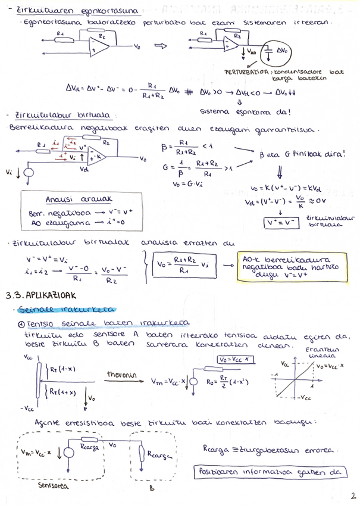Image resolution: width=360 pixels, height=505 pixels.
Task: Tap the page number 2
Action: [x=352, y=494]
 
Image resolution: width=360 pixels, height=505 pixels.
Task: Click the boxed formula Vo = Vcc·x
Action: [x=233, y=360]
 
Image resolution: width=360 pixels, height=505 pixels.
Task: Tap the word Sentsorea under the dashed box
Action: [x=52, y=485]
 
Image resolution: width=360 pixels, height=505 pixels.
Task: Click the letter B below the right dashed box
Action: [x=152, y=485]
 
